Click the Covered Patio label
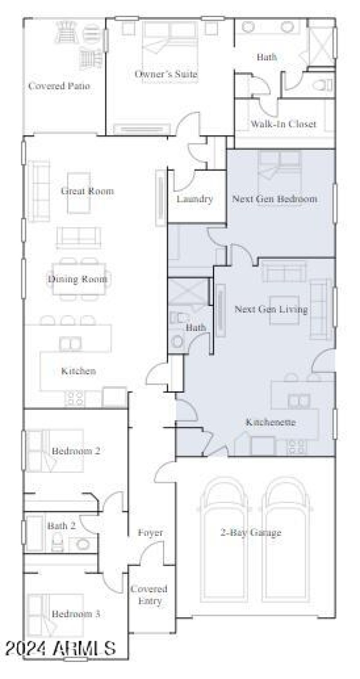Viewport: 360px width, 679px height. (x=59, y=86)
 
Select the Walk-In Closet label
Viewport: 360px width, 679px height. (x=283, y=124)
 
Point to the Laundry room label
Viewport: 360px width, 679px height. (x=194, y=199)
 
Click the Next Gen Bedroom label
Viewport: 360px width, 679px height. (x=274, y=198)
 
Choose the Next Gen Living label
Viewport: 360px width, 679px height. (x=271, y=310)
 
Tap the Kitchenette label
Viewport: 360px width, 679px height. (x=270, y=423)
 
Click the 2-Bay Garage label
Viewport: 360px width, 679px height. (x=251, y=533)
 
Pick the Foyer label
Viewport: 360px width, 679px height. (x=150, y=533)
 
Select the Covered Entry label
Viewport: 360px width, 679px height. (x=149, y=595)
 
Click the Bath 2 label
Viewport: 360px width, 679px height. (x=62, y=525)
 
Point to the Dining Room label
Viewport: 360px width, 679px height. (x=78, y=279)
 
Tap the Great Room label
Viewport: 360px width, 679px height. (x=87, y=191)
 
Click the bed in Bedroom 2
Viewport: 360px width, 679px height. (x=55, y=451)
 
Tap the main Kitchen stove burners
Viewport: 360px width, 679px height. (x=75, y=397)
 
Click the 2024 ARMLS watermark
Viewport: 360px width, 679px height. (x=61, y=648)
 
